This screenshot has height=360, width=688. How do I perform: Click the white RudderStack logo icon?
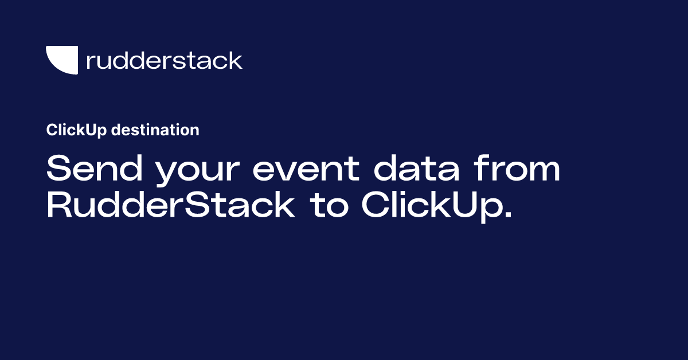[61, 60]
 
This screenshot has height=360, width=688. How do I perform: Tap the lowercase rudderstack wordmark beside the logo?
[164, 60]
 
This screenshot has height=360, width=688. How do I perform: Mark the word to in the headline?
[330, 207]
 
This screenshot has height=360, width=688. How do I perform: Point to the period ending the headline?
[506, 216]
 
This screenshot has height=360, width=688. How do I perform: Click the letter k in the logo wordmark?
[236, 60]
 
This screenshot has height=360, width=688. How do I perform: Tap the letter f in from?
[480, 170]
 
